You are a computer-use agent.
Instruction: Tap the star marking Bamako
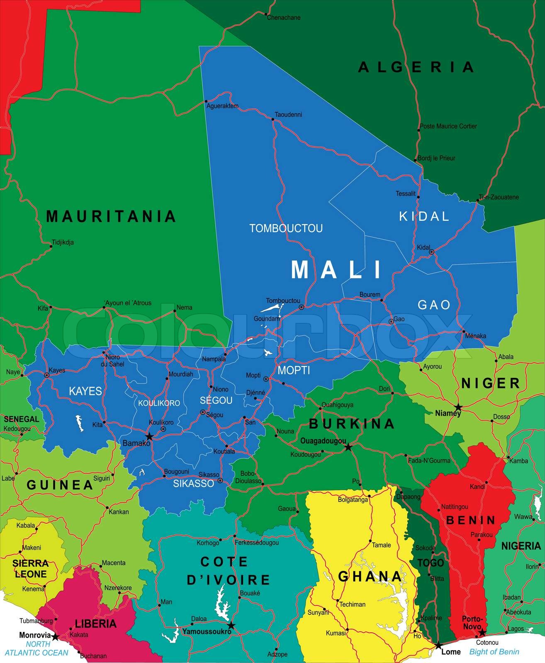point(149,437)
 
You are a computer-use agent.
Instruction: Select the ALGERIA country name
point(416,67)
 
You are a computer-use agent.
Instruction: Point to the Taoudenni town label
point(288,114)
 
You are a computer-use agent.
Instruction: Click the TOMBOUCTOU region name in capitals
point(286,228)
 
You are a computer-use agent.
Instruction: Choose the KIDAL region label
point(424,216)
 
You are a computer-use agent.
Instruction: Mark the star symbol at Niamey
point(458,407)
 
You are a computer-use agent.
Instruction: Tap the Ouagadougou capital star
point(348,447)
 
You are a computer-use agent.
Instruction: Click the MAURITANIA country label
point(111,216)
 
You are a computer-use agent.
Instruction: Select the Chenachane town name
point(284,18)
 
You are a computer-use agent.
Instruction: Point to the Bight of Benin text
point(494,652)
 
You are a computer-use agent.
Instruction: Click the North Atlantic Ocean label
point(37,648)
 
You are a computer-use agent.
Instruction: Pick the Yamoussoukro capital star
point(231,625)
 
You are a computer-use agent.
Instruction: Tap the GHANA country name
point(370,576)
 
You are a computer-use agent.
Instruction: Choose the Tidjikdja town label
point(63,242)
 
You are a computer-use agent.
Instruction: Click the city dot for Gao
point(391,322)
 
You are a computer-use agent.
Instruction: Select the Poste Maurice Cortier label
point(448,126)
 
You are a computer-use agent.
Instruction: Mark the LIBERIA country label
point(95,624)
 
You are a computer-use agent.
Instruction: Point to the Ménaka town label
point(475,336)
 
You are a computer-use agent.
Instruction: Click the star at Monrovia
point(55,636)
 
